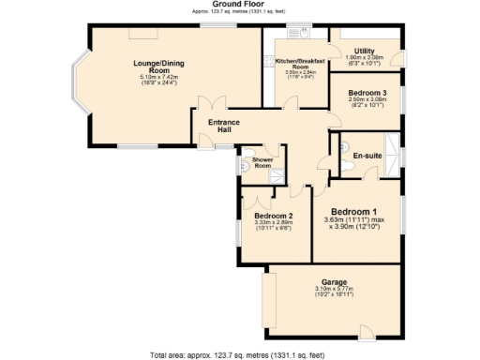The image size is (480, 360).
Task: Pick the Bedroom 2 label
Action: (x=274, y=217)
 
